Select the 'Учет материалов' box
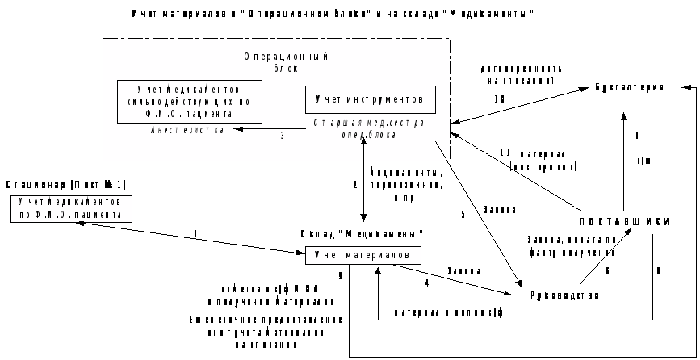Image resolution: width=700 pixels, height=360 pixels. tap(363, 255)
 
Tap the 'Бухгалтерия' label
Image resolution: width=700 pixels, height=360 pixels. tap(630, 86)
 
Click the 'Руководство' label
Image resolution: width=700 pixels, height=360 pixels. tap(565, 295)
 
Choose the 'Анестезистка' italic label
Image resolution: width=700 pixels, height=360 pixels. tap(187, 129)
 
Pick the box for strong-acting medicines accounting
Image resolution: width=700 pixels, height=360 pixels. tap(189, 102)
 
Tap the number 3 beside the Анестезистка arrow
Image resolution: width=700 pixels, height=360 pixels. tap(282, 136)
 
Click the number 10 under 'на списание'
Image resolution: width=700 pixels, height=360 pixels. tap(499, 98)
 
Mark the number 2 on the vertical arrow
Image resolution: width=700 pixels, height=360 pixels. tap(354, 185)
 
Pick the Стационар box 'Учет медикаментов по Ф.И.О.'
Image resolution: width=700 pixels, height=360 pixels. tap(72, 208)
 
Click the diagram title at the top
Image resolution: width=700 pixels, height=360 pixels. tap(332, 15)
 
